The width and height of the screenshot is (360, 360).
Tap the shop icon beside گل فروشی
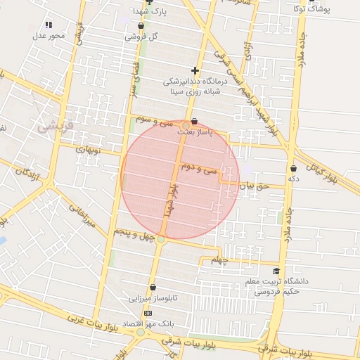click(141, 25)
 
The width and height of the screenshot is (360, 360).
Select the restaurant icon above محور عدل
click(49, 25)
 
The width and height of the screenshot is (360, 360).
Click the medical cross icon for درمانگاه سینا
click(195, 70)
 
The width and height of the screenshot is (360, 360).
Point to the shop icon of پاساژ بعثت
click(195, 121)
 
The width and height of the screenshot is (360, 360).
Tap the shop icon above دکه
click(293, 169)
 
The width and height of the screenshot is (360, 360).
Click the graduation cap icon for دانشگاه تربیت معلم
click(276, 271)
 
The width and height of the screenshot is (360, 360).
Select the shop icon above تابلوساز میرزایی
click(153, 287)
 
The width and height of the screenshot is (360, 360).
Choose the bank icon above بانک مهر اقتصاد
click(148, 313)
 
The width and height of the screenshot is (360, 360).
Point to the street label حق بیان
click(254, 186)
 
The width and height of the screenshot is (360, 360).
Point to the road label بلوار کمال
click(324, 169)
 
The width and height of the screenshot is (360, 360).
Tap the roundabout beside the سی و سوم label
click(186, 126)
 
